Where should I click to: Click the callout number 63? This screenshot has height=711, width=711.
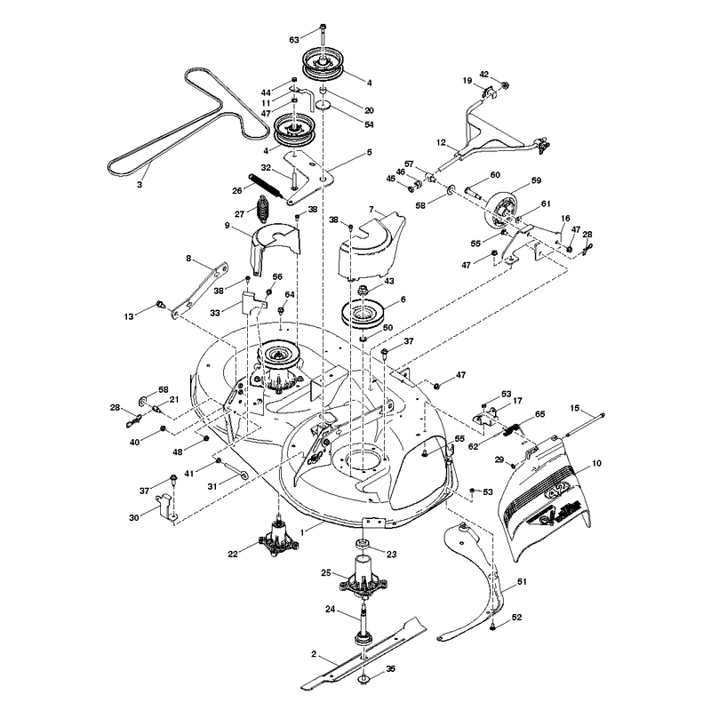pyautogui.click(x=294, y=40)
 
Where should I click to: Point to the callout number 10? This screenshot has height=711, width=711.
pyautogui.click(x=596, y=463)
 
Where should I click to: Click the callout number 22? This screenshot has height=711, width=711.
pyautogui.click(x=233, y=554)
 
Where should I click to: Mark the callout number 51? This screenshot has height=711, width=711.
pyautogui.click(x=523, y=581)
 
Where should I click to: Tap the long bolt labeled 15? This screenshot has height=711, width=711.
pyautogui.click(x=584, y=425)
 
